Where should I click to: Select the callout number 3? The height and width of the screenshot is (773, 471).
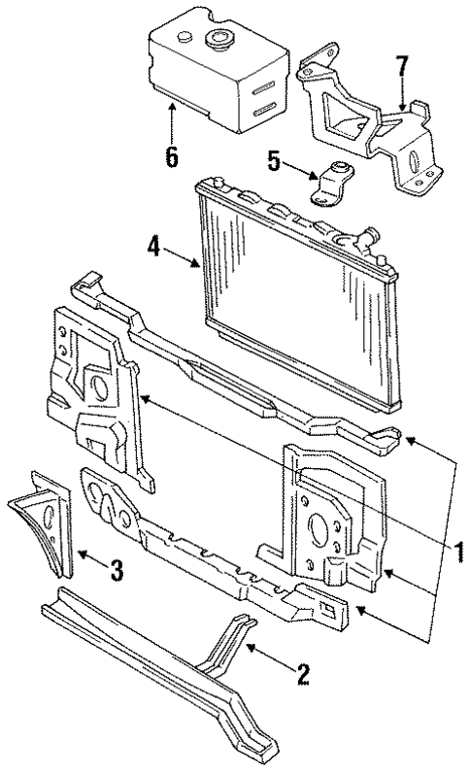coord(116,570)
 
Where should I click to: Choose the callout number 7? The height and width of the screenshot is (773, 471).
coord(401,67)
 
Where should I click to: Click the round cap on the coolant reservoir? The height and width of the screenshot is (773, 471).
coord(216,42)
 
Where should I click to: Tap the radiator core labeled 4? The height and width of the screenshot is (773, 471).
coord(291,282)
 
